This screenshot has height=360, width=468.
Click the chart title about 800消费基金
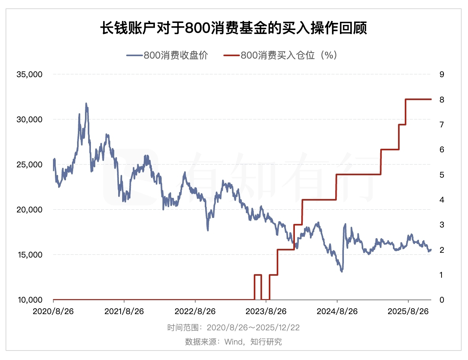tap(234, 28)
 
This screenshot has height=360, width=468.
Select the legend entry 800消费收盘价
tap(167, 55)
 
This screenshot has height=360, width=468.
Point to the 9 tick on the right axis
tap(442, 74)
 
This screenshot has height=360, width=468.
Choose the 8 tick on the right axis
tap(442, 99)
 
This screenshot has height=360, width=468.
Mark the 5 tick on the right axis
tap(442, 174)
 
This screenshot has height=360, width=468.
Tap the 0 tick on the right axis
tap(442, 300)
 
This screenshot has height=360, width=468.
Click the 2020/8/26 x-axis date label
tap(53, 311)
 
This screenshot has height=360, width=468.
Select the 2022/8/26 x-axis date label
tap(195, 311)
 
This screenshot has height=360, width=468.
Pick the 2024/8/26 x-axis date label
tap(337, 311)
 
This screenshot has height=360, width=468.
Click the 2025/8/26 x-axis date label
tap(408, 311)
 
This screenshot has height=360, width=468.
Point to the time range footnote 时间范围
tap(234, 328)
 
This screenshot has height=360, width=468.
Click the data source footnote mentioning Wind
tap(234, 341)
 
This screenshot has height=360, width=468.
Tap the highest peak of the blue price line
tap(86, 104)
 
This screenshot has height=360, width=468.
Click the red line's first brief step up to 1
tap(258, 275)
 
